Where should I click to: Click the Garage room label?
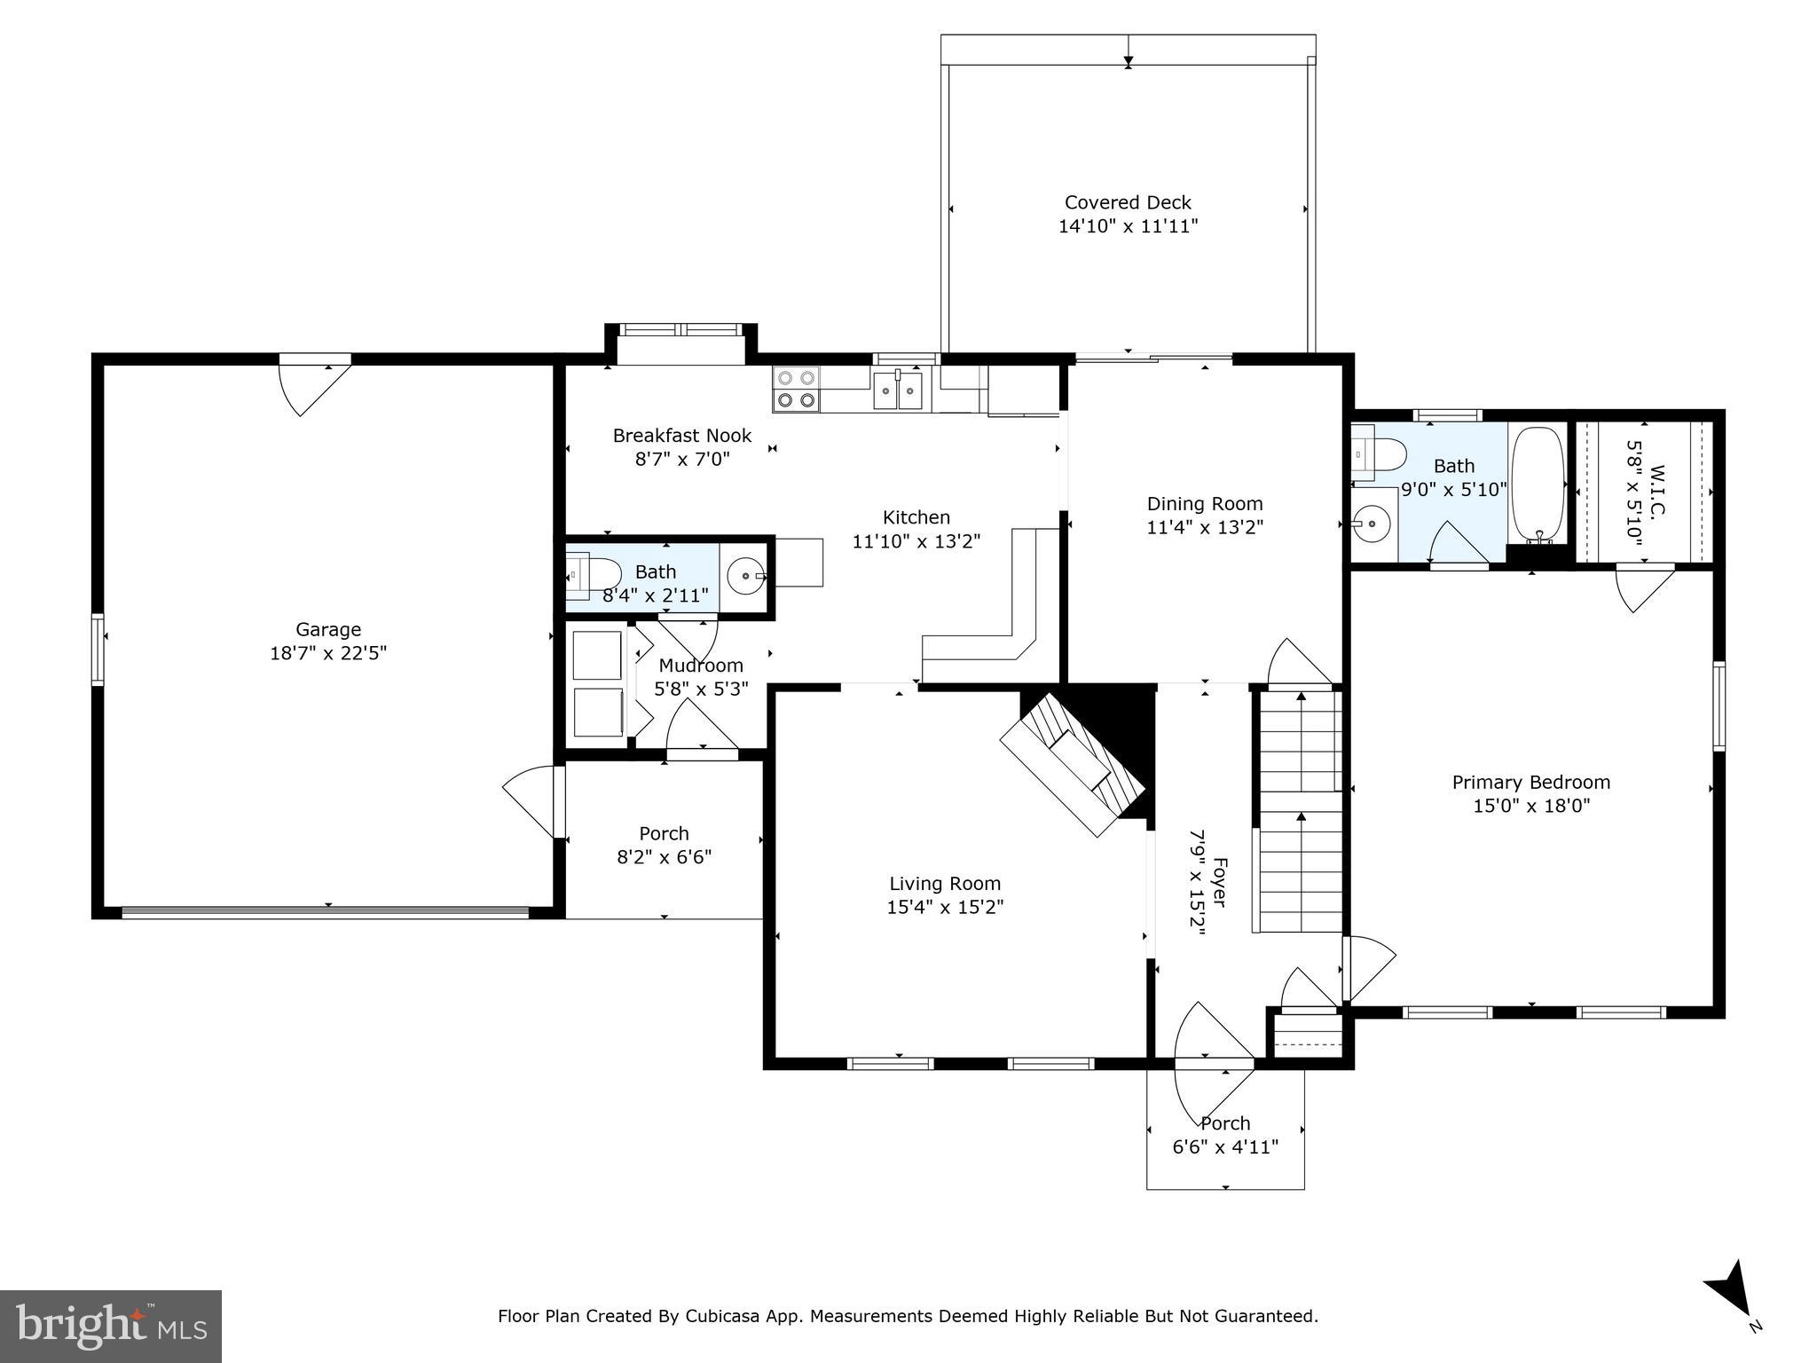point(328,629)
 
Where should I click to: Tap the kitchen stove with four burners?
point(796,390)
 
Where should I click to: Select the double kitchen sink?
point(898,390)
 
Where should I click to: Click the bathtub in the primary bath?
point(1538,484)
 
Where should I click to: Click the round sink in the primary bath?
point(1374,524)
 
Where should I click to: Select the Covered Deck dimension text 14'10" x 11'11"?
point(1128,226)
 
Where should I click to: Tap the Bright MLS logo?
point(110,1326)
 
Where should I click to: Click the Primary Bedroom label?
point(1530,782)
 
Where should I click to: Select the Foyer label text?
point(1220,882)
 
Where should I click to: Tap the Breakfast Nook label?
point(681,435)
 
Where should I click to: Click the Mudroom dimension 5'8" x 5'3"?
point(701,689)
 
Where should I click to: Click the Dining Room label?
point(1204,504)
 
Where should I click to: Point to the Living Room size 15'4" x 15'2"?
point(945,907)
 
